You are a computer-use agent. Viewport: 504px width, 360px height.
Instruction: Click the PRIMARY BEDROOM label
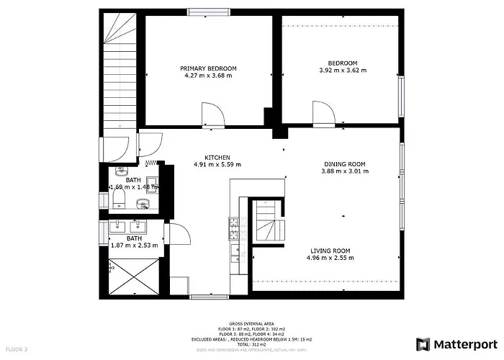pyautogui.click(x=208, y=68)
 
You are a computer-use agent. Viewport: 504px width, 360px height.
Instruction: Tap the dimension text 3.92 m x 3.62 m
pyautogui.click(x=343, y=71)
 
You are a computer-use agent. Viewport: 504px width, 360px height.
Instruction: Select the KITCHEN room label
pyautogui.click(x=217, y=158)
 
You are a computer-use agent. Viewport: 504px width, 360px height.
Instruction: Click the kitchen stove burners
pyautogui.click(x=234, y=228)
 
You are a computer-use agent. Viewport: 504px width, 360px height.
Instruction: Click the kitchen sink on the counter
pyautogui.click(x=235, y=253)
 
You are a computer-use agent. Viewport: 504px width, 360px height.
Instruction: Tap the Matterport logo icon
pyautogui.click(x=423, y=343)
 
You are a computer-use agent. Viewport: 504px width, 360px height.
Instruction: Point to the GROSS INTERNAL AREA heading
pyautogui.click(x=252, y=324)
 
